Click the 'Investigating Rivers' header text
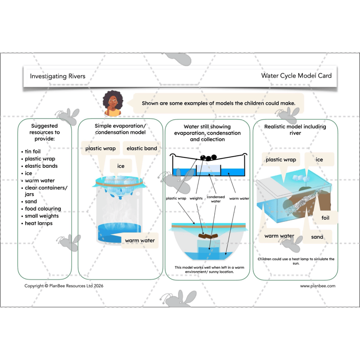coord(58,76)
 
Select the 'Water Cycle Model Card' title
coord(296,76)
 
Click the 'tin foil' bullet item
coord(32,152)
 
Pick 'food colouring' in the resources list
coord(42,209)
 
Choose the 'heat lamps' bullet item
coord(38,223)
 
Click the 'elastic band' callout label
coord(141,148)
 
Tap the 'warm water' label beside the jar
coord(139,240)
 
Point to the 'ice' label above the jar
coord(121,166)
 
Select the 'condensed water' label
coord(216,199)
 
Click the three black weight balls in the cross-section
coord(208,158)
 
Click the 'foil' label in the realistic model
coord(325,218)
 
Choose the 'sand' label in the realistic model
coord(317,237)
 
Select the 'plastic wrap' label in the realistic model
coord(281,159)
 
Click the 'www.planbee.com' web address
coord(318,286)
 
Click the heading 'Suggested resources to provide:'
coord(45,132)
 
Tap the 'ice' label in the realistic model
coord(319,159)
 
